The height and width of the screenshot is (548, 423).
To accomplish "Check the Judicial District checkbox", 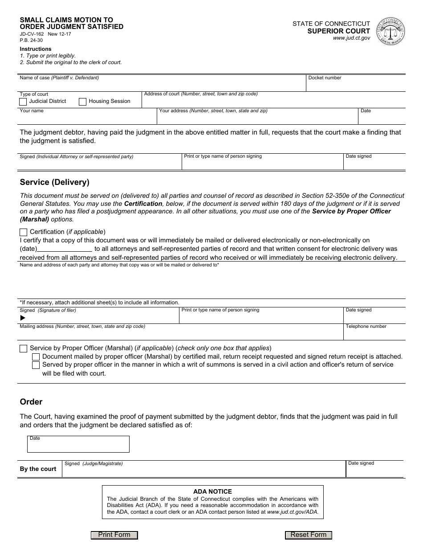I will [x=23, y=102].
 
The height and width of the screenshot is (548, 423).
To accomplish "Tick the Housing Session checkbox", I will [x=82, y=102].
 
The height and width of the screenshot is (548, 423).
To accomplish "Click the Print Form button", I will [x=114, y=535].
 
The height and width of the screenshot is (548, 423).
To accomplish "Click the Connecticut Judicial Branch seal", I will [x=390, y=31].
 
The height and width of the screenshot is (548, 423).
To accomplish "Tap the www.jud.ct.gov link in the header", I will [x=351, y=38].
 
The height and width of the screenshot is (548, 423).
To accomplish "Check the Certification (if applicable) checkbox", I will [x=23, y=232].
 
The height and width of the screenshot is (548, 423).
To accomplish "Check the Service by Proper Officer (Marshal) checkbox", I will [x=23, y=348].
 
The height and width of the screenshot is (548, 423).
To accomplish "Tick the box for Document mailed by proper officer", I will [x=36, y=357].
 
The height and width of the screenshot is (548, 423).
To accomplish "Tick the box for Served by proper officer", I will [x=36, y=365].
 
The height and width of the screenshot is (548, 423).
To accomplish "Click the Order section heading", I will [x=31, y=402].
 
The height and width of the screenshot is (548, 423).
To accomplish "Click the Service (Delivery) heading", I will [x=54, y=182].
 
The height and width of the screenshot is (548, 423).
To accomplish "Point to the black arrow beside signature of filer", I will [x=23, y=318].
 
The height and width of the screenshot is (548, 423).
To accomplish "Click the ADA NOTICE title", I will [x=212, y=491].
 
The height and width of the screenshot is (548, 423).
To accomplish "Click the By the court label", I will [x=38, y=469].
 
